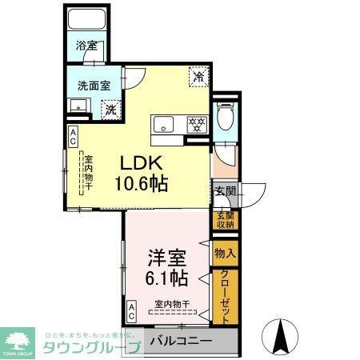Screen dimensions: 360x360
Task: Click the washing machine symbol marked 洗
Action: [110, 107]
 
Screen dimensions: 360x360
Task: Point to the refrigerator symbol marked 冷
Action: [198, 77]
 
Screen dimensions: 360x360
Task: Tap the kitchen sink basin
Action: [163, 124]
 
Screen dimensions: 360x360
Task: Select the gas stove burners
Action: [196, 124]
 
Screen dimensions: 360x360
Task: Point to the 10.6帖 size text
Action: [142, 185]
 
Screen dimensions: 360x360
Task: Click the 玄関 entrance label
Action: [225, 191]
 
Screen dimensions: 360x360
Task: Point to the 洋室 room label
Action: [166, 258]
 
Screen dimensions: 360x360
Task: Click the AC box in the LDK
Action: [73, 136]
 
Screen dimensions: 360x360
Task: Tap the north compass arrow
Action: [283, 331]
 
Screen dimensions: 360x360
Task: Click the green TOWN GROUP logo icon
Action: [18, 337]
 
